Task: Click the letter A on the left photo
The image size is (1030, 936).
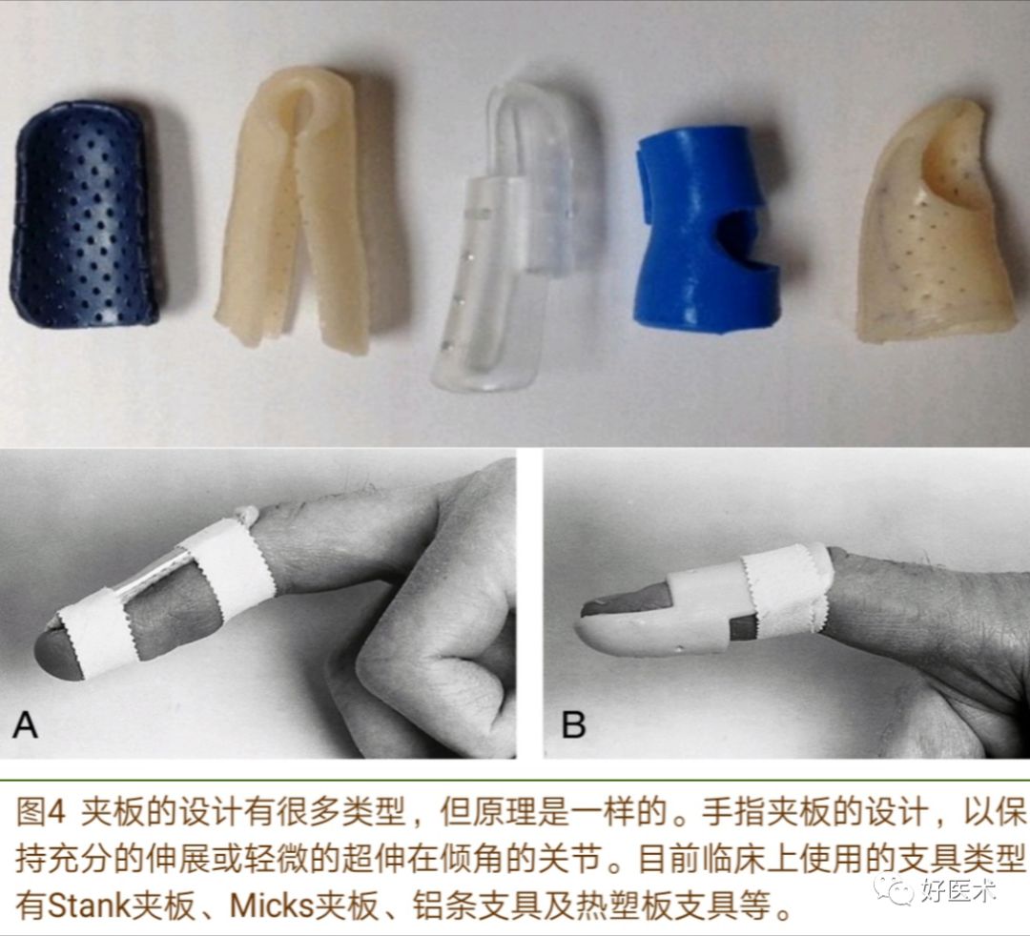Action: [x=25, y=724]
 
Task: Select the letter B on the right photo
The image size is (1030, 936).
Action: [x=573, y=724]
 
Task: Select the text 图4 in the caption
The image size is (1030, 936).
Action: [x=41, y=813]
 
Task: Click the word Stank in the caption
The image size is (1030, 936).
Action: [x=88, y=907]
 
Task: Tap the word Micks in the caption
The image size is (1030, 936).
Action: [x=272, y=907]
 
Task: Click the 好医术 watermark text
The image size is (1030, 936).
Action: [x=958, y=890]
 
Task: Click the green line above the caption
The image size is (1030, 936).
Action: [x=515, y=781]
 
